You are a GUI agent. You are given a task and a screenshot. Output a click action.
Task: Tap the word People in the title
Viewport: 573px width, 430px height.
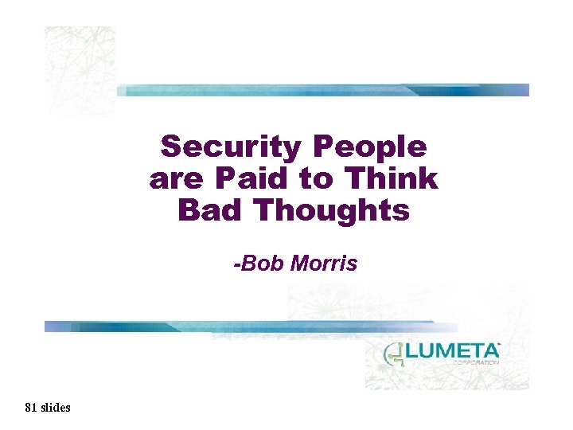371,147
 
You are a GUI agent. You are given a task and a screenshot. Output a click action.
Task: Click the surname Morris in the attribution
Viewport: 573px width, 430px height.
323,263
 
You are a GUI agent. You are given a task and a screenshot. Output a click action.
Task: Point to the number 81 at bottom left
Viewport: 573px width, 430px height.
31,408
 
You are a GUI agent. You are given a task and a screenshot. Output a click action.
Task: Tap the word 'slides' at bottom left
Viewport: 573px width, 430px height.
55,408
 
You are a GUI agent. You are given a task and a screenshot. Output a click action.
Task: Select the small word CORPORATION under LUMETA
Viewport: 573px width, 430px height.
475,362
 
